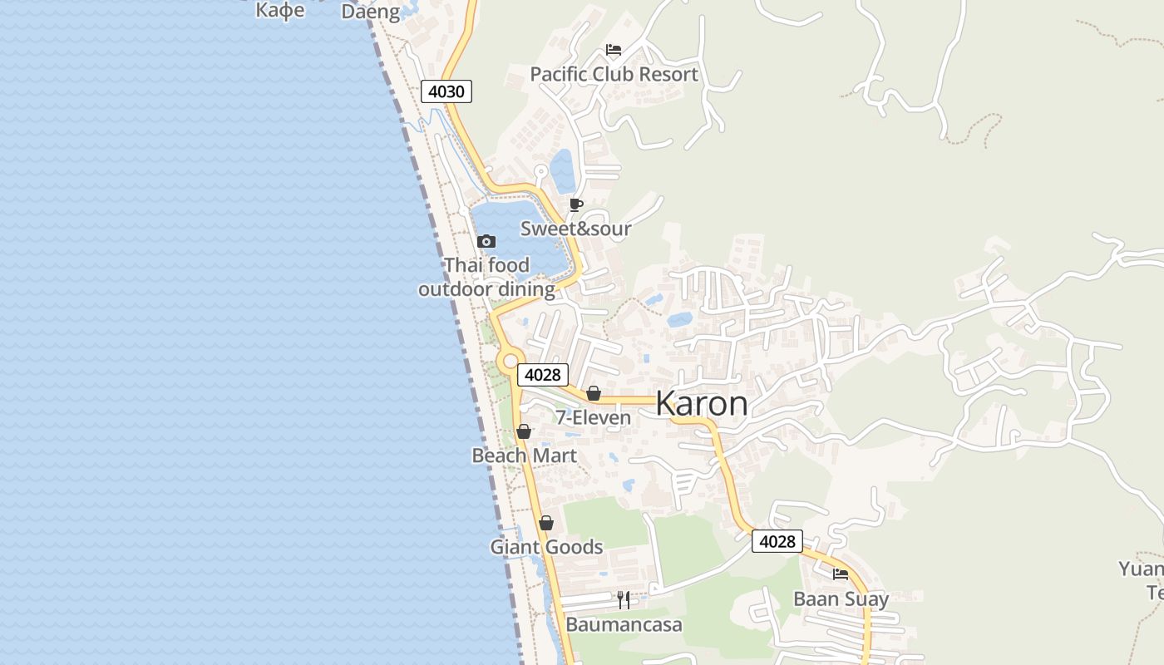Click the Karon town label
click(x=702, y=404)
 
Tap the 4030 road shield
click(x=446, y=91)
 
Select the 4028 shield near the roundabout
click(x=543, y=375)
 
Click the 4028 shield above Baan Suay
click(x=777, y=542)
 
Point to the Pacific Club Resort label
click(x=614, y=75)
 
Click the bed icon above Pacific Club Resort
click(x=614, y=50)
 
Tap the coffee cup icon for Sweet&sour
click(x=576, y=204)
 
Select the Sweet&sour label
click(x=575, y=229)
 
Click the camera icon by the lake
click(x=486, y=242)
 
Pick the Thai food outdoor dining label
click(x=486, y=278)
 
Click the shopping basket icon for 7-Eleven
click(x=594, y=393)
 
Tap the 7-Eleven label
click(x=593, y=417)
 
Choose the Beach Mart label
click(x=524, y=456)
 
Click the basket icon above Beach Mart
click(x=524, y=431)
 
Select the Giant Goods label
click(x=546, y=547)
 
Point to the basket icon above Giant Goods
click(x=546, y=523)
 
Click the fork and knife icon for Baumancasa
click(x=624, y=600)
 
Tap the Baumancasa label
click(x=624, y=624)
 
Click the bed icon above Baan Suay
click(x=841, y=574)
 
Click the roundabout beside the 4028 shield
click(x=510, y=361)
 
